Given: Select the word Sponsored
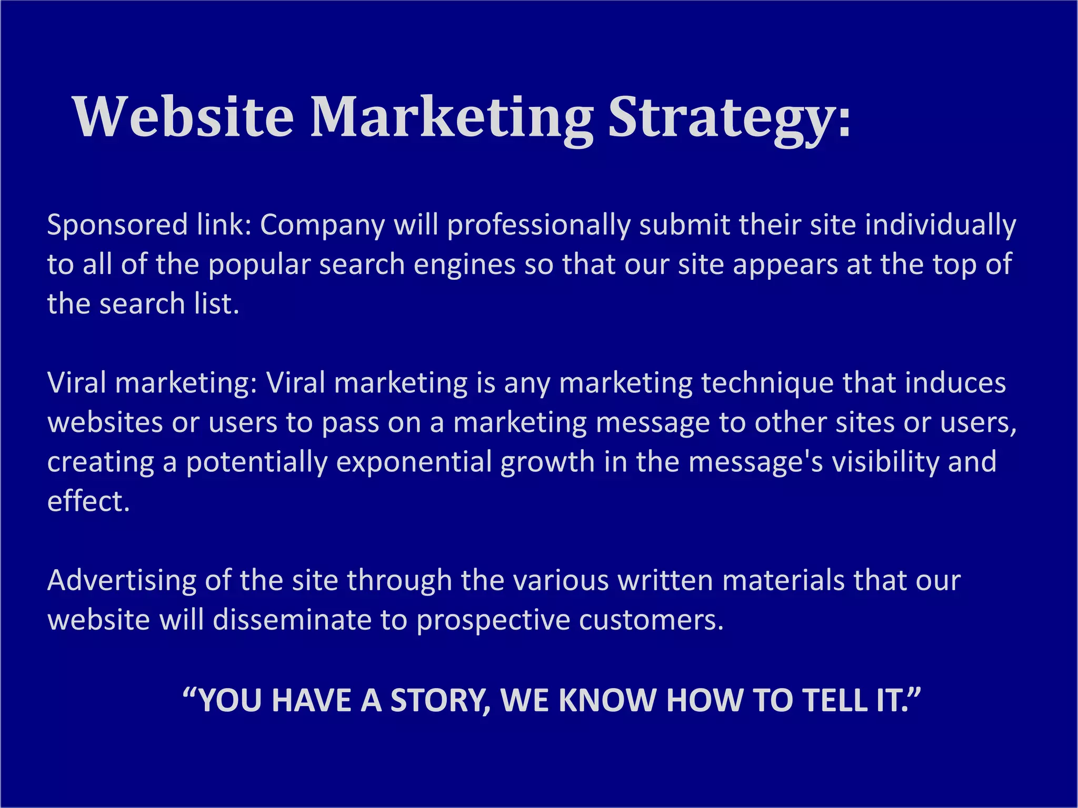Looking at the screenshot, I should point(117,225).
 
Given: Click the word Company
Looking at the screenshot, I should point(322,225).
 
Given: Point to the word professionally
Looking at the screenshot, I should point(538,225).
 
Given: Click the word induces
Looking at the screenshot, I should point(955,383).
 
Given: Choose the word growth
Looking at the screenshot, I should point(547,462).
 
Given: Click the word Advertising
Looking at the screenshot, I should point(122,580).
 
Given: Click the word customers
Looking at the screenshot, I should point(652,620).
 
